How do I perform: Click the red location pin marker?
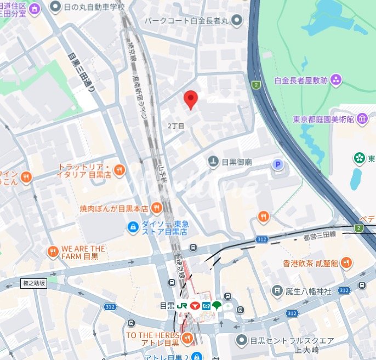click(190, 99)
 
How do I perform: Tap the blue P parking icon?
click(279, 164)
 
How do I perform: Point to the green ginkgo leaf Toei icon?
click(218, 306)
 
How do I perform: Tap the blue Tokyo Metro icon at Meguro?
click(207, 306)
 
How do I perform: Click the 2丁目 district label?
click(176, 125)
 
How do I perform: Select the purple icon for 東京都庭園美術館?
click(362, 119)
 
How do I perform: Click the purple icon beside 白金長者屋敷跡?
click(336, 81)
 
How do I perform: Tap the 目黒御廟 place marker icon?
click(213, 162)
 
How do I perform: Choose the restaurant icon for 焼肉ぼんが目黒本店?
click(157, 208)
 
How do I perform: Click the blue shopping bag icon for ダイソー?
click(132, 227)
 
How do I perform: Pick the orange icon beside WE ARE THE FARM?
click(53, 252)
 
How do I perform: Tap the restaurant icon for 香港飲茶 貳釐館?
click(346, 263)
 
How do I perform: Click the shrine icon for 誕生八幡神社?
click(278, 290)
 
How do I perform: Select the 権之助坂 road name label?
click(35, 283)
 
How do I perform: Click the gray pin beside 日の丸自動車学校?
click(55, 7)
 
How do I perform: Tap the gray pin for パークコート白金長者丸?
click(237, 21)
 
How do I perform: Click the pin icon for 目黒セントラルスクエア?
click(240, 340)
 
